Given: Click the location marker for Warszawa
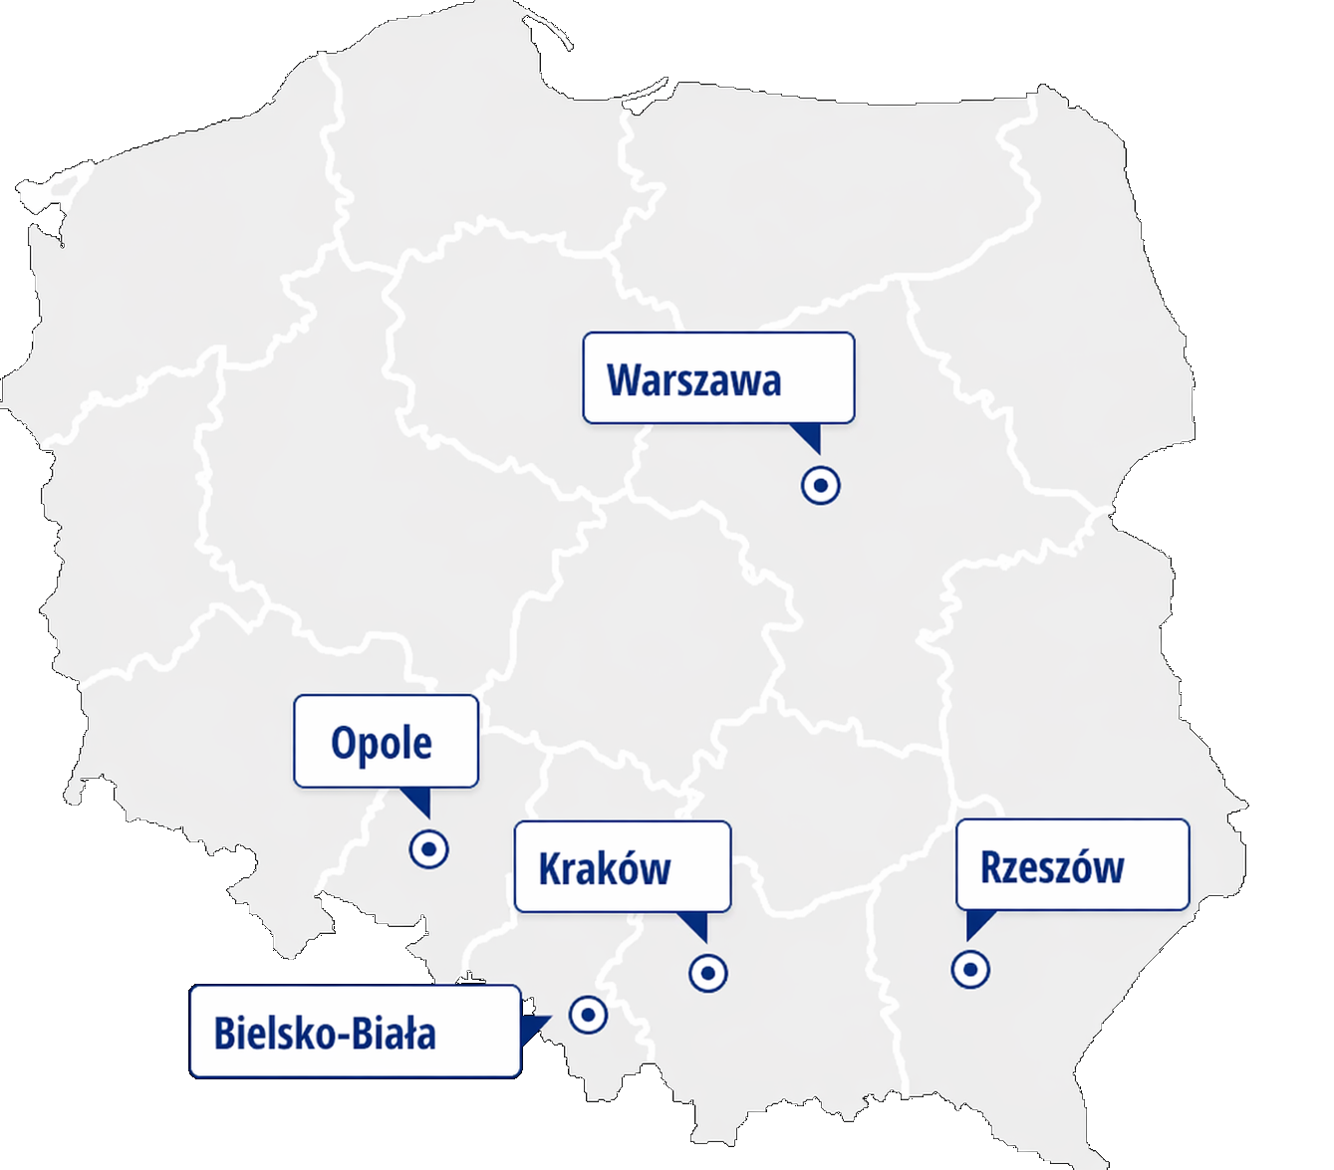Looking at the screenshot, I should [x=821, y=485].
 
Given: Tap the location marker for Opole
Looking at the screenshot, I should [x=429, y=848].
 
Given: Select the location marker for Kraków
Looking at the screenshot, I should [x=708, y=972].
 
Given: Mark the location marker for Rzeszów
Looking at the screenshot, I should [x=970, y=968].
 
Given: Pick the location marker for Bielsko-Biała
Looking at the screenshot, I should [x=588, y=1015].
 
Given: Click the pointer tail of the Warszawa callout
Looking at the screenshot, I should [x=808, y=435].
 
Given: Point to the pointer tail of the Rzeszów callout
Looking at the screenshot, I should [x=976, y=923].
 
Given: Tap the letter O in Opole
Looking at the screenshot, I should [x=345, y=744].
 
